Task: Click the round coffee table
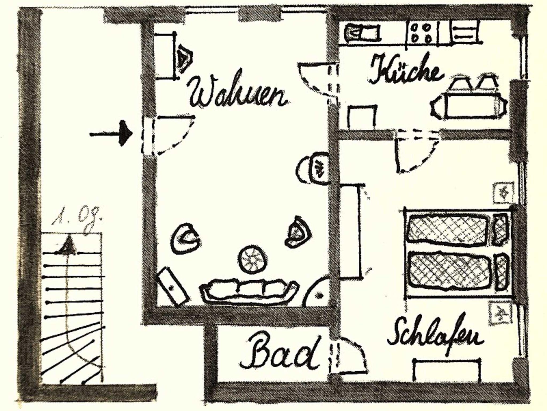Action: pyautogui.click(x=253, y=259)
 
